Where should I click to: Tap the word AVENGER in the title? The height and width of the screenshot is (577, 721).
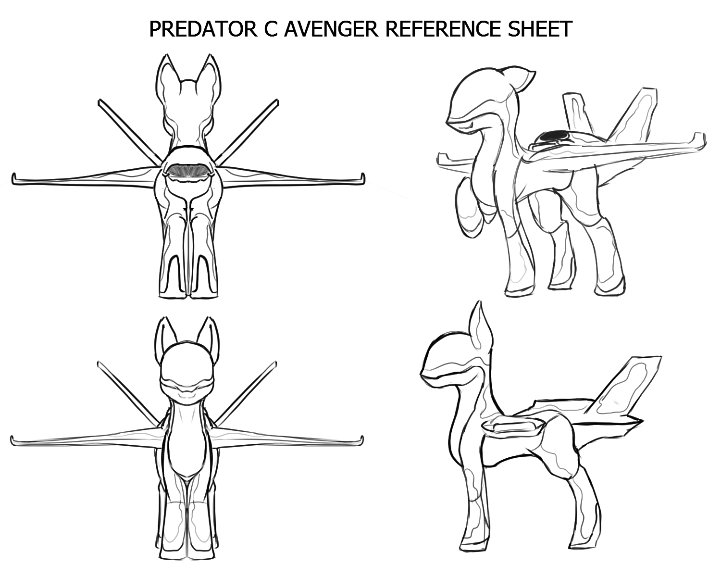tap(331, 29)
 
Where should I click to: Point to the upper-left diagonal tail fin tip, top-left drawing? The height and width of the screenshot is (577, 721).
tap(99, 101)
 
